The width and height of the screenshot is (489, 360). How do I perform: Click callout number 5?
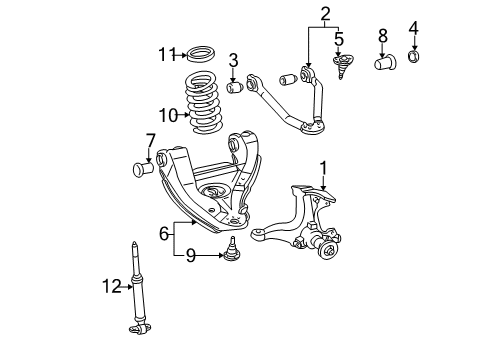pos(339,41)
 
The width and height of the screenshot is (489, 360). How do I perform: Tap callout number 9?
pos(190,256)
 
